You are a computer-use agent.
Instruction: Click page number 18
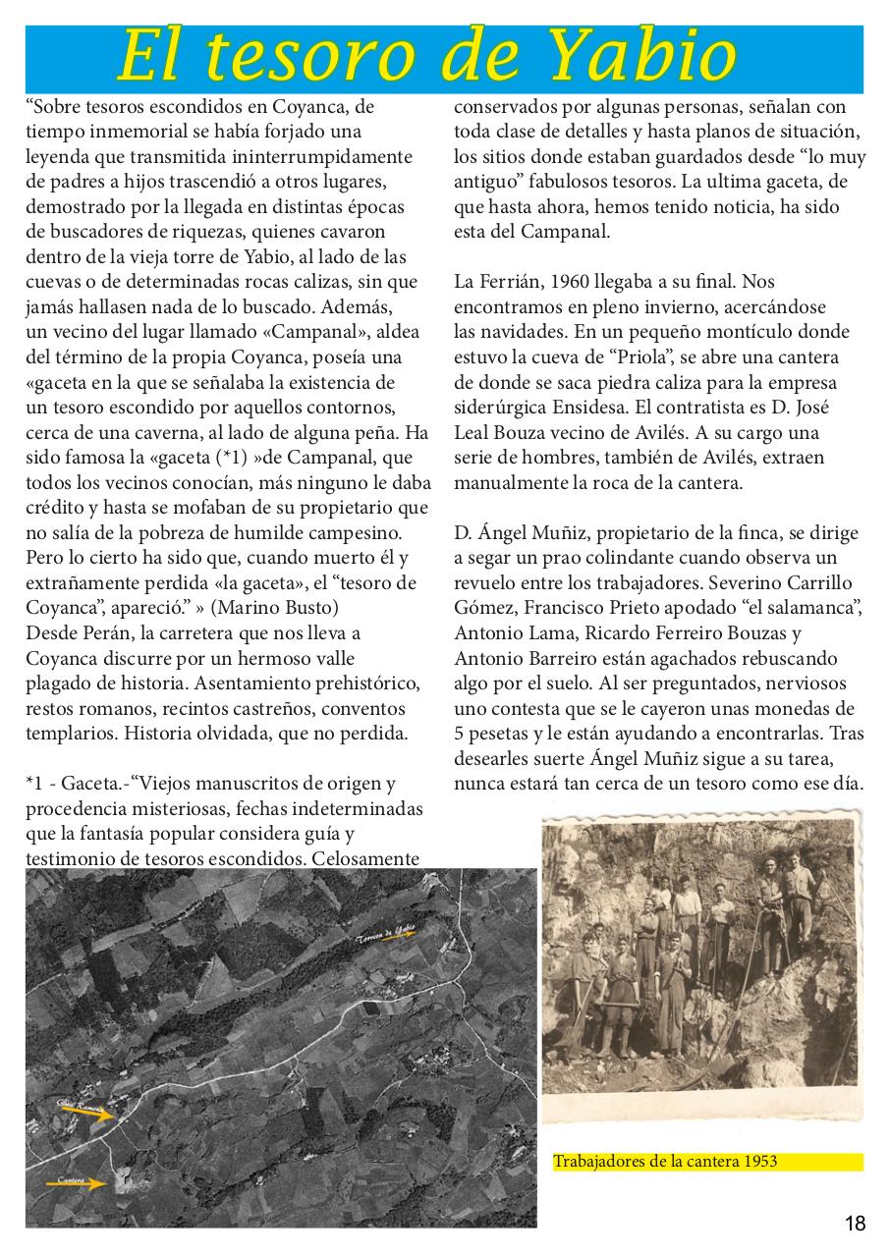click(855, 1224)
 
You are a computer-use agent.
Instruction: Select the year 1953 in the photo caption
click(759, 1162)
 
